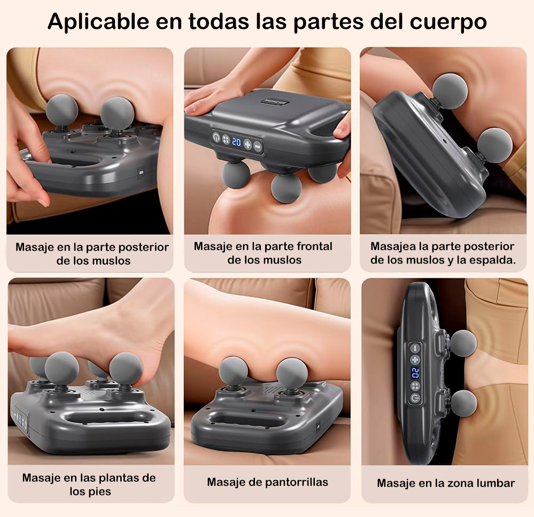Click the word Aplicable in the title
tap(98, 22)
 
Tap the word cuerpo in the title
tap(448, 22)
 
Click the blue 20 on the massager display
tap(236, 141)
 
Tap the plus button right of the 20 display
tap(247, 144)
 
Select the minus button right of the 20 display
tap(258, 147)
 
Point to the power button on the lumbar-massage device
tap(415, 398)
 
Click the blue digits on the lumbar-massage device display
tap(415, 373)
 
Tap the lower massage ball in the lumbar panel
tap(464, 403)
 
